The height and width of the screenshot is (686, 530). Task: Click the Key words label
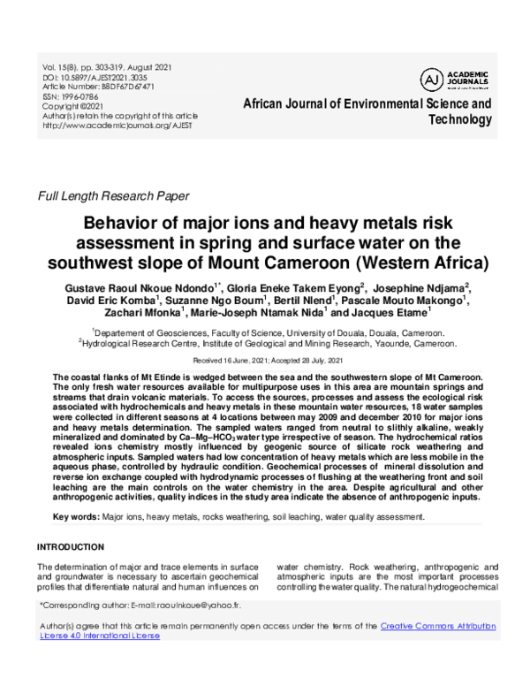click(75, 515)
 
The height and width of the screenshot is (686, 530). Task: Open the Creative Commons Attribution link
click(437, 626)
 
